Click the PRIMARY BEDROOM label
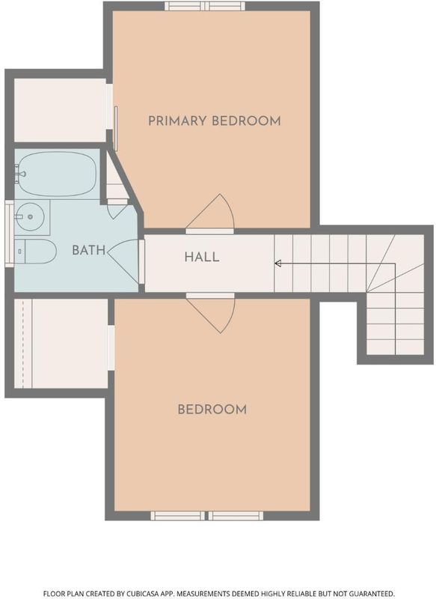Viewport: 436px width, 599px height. tap(215, 121)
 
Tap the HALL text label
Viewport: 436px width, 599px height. tap(202, 257)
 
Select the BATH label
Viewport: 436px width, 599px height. tap(88, 251)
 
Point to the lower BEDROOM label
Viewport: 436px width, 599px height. tap(212, 410)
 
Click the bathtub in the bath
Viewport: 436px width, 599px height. tap(56, 174)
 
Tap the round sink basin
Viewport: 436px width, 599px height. tap(30, 216)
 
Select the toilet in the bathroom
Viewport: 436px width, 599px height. tap(35, 252)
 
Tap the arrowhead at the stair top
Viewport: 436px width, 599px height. tap(278, 264)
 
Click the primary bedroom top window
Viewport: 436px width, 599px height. tap(205, 6)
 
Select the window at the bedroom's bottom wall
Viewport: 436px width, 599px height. tap(206, 516)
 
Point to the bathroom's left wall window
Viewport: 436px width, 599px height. tap(9, 233)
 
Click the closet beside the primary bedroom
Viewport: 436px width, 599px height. tap(60, 110)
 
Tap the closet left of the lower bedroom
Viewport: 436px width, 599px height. tap(61, 344)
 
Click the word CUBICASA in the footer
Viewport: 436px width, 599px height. tap(144, 593)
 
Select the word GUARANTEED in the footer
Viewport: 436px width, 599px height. tap(370, 593)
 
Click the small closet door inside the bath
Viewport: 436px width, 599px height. tap(117, 209)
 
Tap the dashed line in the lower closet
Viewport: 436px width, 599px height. tap(23, 344)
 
